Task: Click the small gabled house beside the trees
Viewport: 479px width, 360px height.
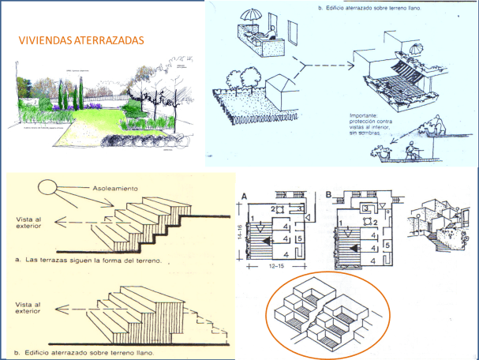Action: coord(283,94)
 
